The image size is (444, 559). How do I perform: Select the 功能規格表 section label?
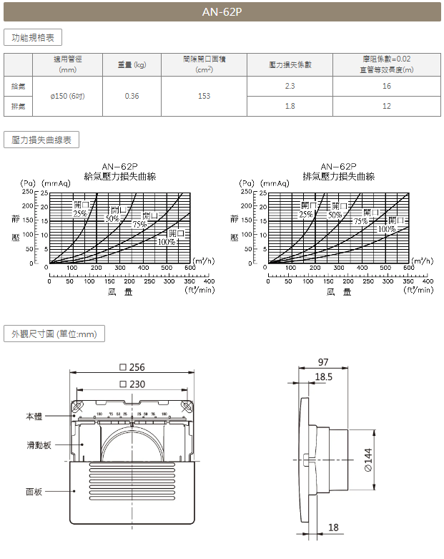(34, 37)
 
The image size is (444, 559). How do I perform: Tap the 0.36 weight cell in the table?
(132, 96)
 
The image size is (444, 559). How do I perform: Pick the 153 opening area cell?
(204, 96)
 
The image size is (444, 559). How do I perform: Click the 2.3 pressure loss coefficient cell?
(290, 86)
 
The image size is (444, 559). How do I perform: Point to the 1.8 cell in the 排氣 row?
(290, 106)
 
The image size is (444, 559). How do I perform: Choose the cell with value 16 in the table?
(386, 86)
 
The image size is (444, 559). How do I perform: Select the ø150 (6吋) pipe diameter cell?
(68, 96)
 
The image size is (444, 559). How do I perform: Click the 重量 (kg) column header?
(132, 65)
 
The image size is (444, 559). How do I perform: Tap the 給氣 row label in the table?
(19, 86)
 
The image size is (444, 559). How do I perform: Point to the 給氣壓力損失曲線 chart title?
(119, 176)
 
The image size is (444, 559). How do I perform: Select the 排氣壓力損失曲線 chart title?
(338, 176)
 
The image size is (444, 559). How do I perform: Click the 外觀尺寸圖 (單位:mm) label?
(54, 334)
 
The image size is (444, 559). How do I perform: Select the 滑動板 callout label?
(39, 444)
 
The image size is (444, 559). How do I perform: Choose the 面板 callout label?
(34, 491)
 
